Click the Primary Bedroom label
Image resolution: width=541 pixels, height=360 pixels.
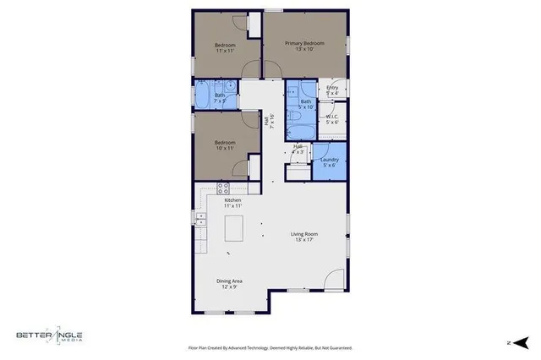tap(304, 46)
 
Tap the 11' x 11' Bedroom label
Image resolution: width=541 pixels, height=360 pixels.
tap(224, 47)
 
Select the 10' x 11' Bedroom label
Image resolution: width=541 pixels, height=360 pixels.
tap(224, 146)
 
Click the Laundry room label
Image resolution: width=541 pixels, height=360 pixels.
tap(330, 161)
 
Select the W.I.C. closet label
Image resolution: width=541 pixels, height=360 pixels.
tap(332, 120)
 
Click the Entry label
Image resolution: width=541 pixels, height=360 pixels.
tap(332, 90)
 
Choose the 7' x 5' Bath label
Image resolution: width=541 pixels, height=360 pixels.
tap(219, 98)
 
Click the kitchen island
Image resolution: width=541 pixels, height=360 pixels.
tap(233, 227)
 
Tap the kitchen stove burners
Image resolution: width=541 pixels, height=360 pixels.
tap(224, 188)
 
